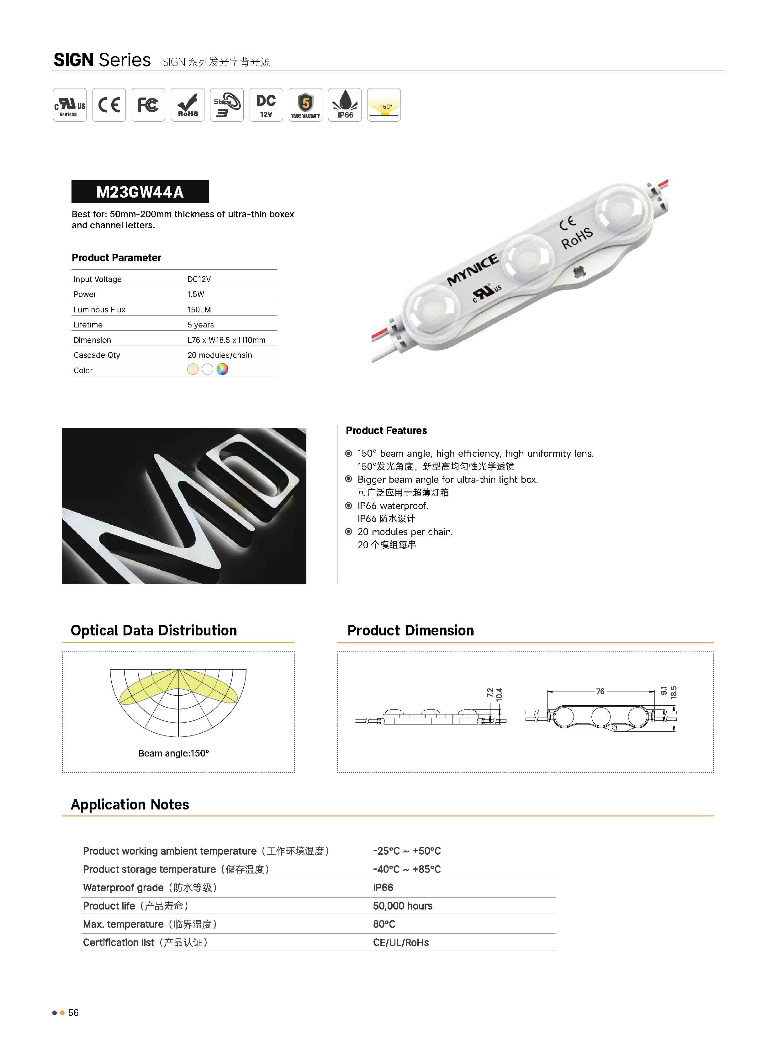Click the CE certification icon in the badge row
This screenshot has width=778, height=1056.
point(109,105)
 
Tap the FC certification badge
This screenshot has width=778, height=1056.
point(148,105)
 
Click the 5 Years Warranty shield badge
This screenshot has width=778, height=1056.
point(306,105)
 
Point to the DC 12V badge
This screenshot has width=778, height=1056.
point(266,105)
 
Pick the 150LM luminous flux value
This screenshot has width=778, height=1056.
point(199,310)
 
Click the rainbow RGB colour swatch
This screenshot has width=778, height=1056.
point(222,369)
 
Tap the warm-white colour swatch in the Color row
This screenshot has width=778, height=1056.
point(193,369)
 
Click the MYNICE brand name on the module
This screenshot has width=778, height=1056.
point(472,269)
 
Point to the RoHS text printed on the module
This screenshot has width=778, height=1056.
point(577,238)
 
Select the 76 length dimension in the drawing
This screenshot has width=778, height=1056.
point(600,692)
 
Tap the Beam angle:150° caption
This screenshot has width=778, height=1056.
point(174,753)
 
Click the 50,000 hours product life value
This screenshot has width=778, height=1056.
point(403,906)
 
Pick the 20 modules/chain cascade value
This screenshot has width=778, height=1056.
point(220,355)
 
